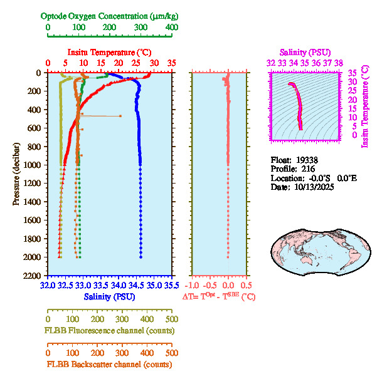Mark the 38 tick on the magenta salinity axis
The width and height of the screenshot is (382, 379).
[338, 63]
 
